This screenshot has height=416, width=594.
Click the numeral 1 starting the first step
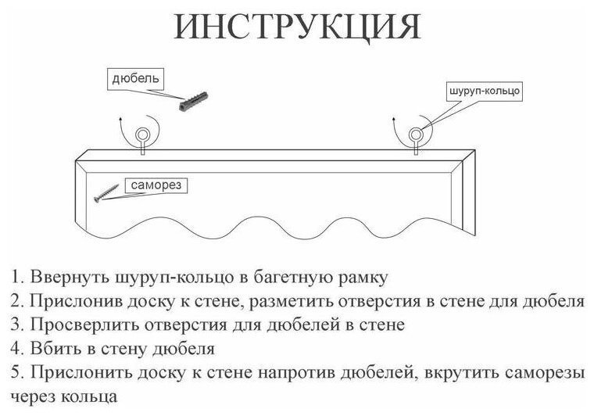[x=16, y=278]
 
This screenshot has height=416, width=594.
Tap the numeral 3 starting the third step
[x=16, y=325]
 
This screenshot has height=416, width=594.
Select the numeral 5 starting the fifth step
[x=16, y=371]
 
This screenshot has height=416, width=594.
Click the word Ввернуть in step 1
[x=63, y=278]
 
